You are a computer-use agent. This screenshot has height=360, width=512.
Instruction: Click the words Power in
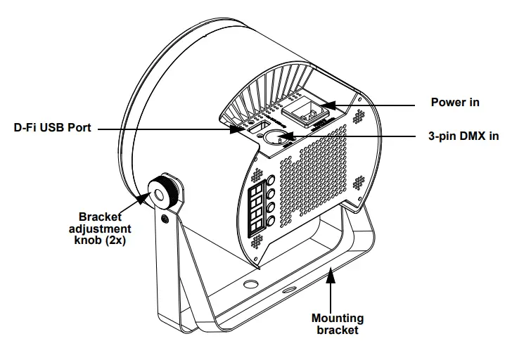click(455, 102)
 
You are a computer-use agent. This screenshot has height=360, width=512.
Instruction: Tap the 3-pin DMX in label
click(463, 136)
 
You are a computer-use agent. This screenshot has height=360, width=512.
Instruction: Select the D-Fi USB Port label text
click(52, 127)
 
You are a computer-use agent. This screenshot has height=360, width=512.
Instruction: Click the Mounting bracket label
click(338, 323)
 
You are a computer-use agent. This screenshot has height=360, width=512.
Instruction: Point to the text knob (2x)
click(100, 240)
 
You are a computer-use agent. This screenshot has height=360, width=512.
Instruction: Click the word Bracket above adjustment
click(100, 217)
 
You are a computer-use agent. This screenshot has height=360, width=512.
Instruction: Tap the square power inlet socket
click(305, 112)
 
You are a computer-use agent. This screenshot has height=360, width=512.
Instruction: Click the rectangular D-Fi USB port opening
click(258, 127)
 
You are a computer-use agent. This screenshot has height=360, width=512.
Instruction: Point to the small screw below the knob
click(165, 219)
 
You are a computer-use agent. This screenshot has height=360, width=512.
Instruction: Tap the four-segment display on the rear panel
click(257, 207)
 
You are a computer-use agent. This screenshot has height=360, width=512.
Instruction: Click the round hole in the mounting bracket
click(250, 283)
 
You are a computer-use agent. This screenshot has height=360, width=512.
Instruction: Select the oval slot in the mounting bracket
click(289, 290)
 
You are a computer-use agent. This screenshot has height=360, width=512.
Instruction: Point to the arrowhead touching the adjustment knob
click(143, 198)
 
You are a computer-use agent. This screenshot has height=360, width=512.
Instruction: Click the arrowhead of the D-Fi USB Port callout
click(237, 129)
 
